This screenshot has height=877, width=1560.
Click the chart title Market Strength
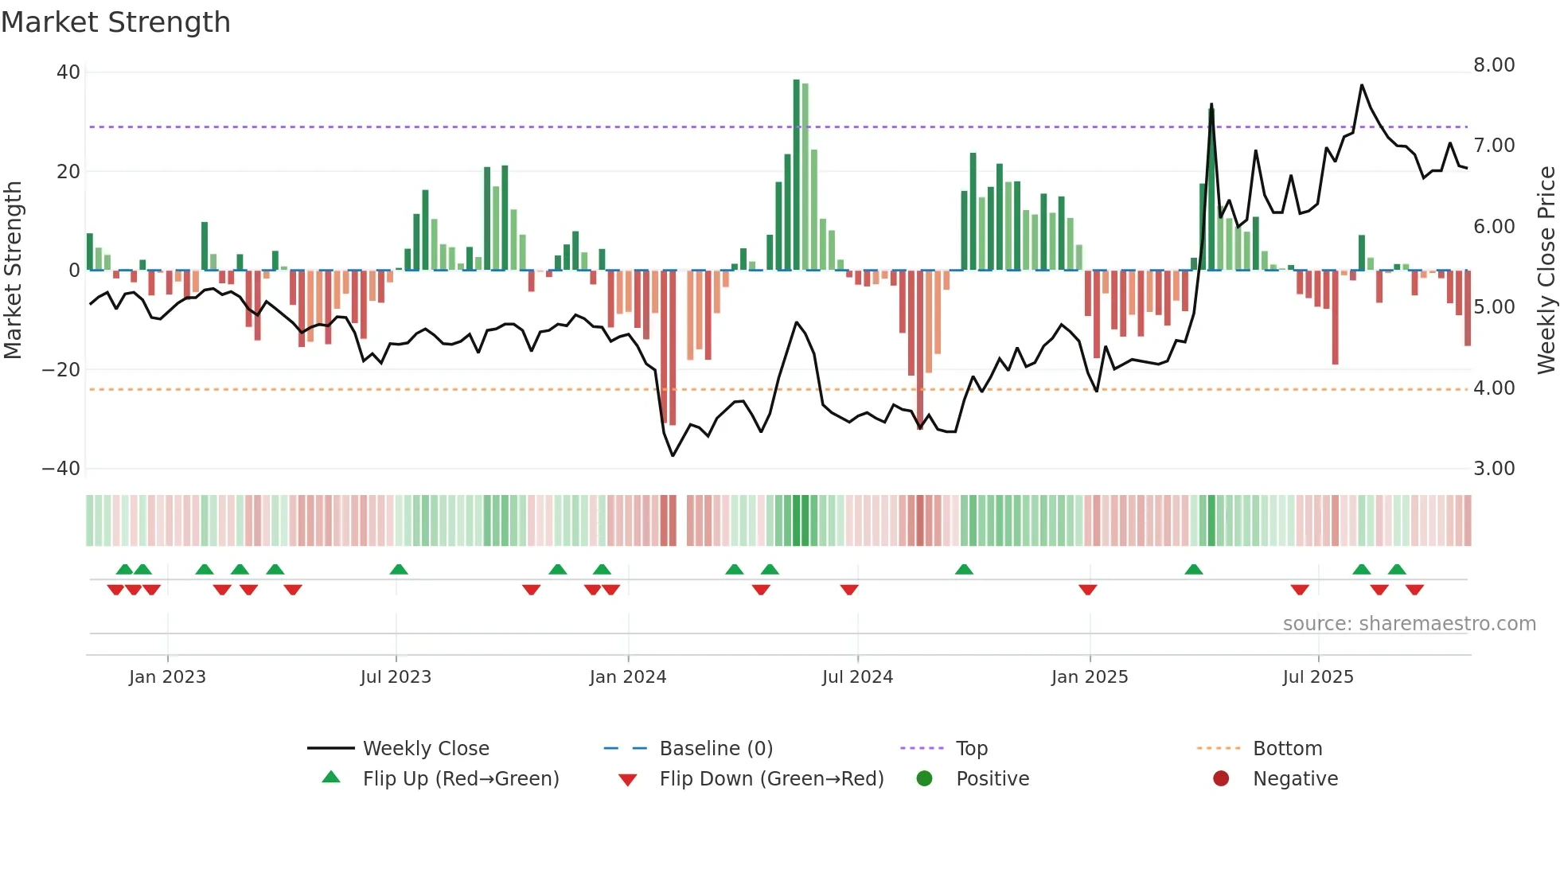point(115,22)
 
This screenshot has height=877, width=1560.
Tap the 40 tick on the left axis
point(68,72)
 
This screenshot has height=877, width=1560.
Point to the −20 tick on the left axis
point(61,370)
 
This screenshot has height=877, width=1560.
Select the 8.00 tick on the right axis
point(1494,65)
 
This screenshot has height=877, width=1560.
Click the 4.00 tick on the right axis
point(1494,388)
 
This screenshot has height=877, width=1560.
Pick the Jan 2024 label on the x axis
point(628,677)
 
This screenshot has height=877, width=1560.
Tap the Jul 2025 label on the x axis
point(1318,677)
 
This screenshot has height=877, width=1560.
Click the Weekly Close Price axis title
point(1546,270)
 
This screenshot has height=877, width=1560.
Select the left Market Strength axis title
point(14,270)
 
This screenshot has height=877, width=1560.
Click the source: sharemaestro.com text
point(1409,624)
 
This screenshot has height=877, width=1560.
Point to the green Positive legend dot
point(924,779)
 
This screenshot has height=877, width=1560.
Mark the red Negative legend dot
point(1221,779)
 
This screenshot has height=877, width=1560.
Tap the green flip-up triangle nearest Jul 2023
point(399,570)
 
